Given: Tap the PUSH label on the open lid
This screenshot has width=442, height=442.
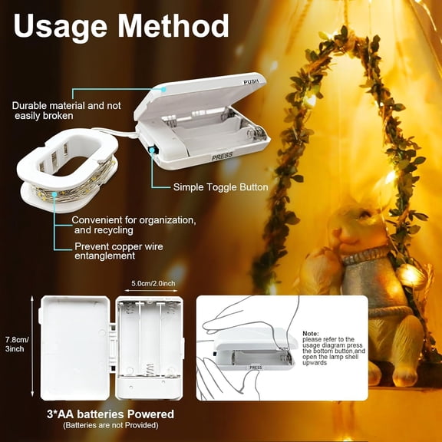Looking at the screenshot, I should point(251,81).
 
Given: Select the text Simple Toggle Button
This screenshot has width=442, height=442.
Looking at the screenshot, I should point(220,186).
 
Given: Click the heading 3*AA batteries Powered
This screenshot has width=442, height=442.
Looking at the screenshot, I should point(109,414).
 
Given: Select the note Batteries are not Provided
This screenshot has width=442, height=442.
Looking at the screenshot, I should point(109,425).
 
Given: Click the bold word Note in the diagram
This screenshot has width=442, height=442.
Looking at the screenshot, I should point(310,332).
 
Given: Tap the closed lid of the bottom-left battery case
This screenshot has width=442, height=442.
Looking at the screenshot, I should point(74,347).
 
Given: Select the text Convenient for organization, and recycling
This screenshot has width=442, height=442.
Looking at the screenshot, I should point(134,225).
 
